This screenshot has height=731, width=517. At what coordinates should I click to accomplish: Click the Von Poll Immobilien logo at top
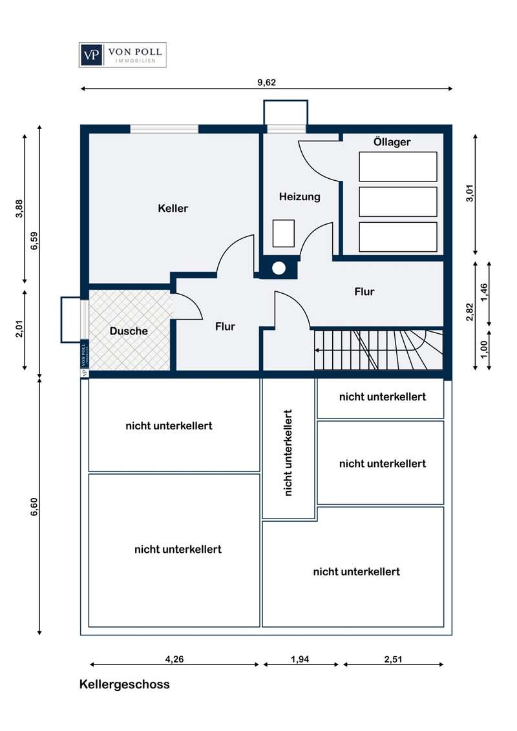122,55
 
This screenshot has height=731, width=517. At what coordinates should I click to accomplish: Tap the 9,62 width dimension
266,83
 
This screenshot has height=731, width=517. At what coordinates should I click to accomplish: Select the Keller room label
173,209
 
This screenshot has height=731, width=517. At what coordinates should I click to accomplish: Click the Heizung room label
300,197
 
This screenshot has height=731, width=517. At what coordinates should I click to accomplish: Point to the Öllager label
392,141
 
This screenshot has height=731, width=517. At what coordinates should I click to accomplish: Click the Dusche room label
129,331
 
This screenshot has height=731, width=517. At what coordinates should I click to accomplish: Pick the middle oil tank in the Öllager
398,202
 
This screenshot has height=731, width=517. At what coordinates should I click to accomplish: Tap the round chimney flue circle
279,268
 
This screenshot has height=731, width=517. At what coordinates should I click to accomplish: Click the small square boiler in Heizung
284,233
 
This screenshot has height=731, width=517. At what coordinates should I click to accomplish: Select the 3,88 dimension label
19,209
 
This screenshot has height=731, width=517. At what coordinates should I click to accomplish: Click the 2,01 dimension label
19,329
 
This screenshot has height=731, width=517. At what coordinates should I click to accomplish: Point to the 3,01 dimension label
470,193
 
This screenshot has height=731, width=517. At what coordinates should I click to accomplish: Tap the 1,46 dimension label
484,293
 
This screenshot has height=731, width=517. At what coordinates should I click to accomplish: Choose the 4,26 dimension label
174,659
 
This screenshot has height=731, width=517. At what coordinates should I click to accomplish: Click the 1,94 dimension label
300,659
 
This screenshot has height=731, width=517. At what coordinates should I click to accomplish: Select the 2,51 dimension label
393,659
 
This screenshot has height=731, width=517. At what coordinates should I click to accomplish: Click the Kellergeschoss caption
125,685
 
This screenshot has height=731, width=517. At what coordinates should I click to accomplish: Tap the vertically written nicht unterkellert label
288,453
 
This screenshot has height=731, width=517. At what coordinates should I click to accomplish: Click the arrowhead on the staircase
317,351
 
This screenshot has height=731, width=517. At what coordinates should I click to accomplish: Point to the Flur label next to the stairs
364,292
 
